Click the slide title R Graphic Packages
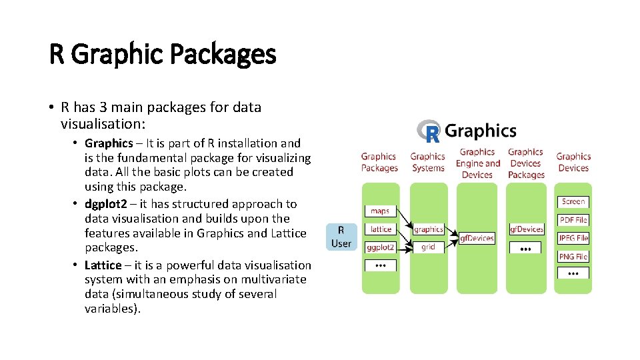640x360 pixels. click(162, 53)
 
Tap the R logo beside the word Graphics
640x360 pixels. click(429, 131)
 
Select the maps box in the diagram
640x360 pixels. click(380, 211)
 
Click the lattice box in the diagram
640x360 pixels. click(381, 229)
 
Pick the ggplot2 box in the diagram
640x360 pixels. click(381, 247)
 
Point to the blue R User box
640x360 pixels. click(341, 237)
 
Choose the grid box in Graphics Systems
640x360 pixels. click(428, 247)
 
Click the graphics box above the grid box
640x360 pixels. click(428, 229)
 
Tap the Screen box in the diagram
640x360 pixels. click(573, 201)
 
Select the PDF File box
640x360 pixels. click(573, 219)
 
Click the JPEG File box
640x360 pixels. click(573, 238)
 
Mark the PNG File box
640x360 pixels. click(573, 256)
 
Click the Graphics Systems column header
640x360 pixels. click(428, 162)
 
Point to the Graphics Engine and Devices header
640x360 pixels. click(477, 163)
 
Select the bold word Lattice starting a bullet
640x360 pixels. click(103, 265)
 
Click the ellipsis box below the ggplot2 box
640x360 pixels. click(380, 265)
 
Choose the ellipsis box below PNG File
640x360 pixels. click(573, 273)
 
